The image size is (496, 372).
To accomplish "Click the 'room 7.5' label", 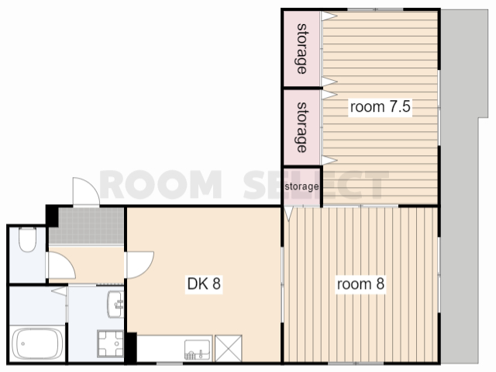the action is point(381,106).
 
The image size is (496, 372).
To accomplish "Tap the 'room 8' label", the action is point(360,283).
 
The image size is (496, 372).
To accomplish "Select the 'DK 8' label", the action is point(204,283).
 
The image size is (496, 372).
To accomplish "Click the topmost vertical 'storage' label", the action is point(302,49).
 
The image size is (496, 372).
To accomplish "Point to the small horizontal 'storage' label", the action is point(301,186).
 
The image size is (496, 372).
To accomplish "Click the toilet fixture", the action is point(28,239).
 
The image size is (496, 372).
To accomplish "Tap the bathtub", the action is point(36,344).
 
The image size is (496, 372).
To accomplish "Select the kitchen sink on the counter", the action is point(198,349).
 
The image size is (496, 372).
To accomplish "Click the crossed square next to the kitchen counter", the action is point(229,348).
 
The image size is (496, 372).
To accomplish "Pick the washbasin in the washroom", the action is point(115,304).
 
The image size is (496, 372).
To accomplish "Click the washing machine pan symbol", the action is point(110,343).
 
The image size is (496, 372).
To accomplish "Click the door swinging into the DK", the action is point(140,265).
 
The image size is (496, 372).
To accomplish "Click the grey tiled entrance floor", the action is point(86,226).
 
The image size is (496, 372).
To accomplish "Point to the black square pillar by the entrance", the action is point(52,216).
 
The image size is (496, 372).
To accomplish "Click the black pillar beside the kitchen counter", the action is point(131,347).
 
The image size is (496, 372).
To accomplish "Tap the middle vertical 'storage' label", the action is point(302,127).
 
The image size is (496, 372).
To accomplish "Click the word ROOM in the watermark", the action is point(160,184).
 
